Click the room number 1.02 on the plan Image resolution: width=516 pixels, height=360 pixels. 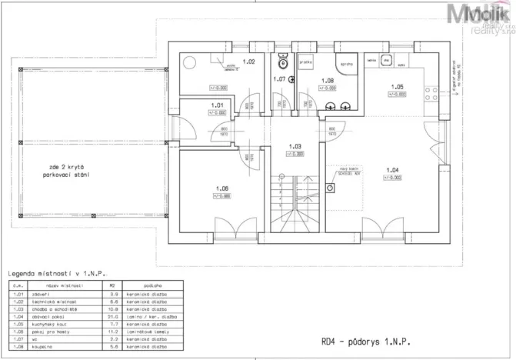pyautogui.click(x=248, y=61)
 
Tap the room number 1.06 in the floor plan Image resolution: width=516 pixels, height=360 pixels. pyautogui.click(x=223, y=188)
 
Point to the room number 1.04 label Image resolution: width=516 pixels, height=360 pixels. pyautogui.click(x=392, y=170)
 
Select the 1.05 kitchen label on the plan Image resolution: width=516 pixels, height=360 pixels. pyautogui.click(x=397, y=87)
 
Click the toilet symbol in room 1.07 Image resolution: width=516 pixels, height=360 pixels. pyautogui.click(x=283, y=56)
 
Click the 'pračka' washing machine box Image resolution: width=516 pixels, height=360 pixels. pyautogui.click(x=305, y=61)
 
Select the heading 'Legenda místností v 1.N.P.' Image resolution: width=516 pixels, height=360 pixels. pyautogui.click(x=55, y=273)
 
